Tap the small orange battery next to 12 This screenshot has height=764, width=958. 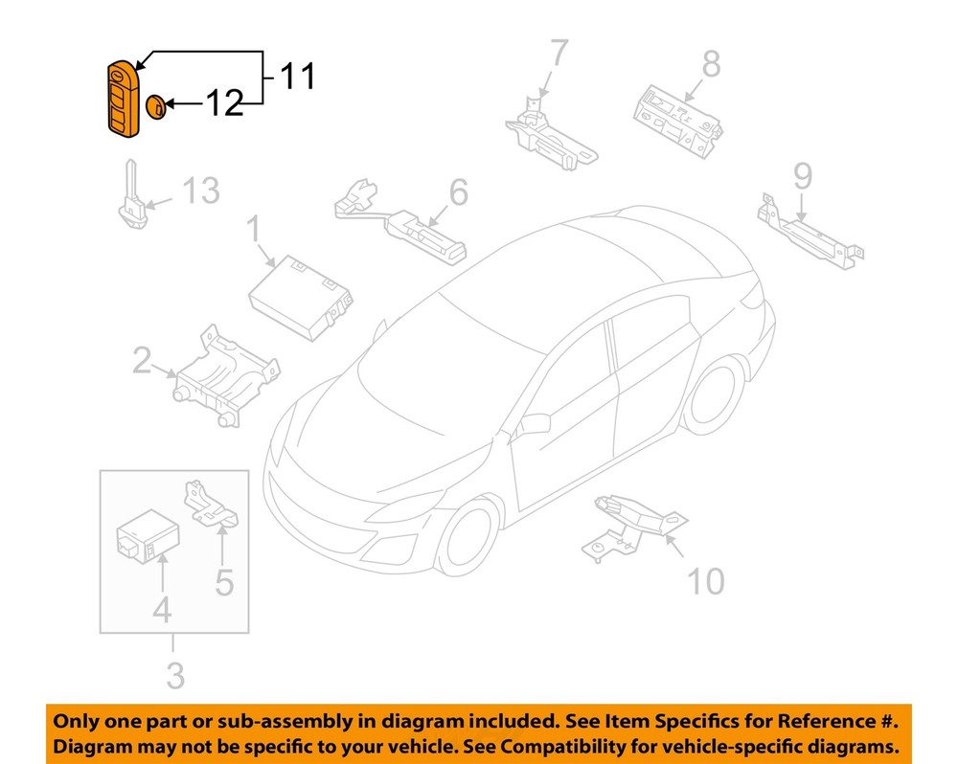pyautogui.click(x=157, y=105)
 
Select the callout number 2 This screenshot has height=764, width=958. pyautogui.click(x=142, y=361)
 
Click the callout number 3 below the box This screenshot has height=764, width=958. pyautogui.click(x=173, y=675)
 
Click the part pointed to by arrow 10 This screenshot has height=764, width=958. pyautogui.click(x=632, y=522)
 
